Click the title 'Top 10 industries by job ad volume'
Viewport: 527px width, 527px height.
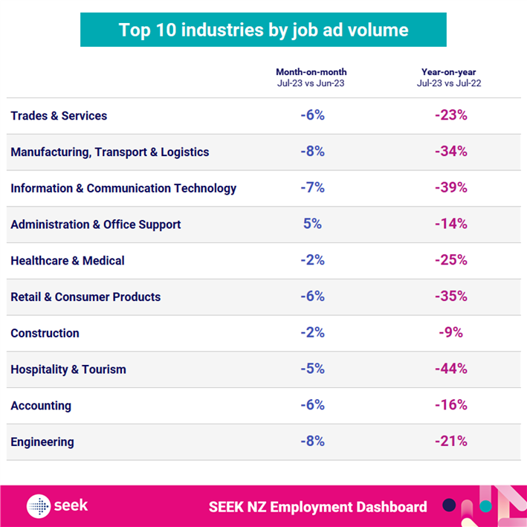(x=263, y=30)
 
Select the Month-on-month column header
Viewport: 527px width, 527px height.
(x=311, y=77)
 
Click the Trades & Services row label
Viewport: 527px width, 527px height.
(x=59, y=116)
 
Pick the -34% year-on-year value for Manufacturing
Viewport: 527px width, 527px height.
(x=451, y=152)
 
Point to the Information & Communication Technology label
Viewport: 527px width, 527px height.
(x=123, y=188)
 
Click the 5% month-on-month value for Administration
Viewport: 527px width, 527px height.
(x=312, y=224)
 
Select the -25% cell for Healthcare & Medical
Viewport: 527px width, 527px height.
(x=451, y=260)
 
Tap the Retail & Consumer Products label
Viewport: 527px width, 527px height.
(x=85, y=297)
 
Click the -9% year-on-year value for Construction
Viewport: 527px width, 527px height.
(x=451, y=332)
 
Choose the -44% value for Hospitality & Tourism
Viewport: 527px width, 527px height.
(x=451, y=369)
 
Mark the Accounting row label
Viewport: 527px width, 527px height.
(x=41, y=406)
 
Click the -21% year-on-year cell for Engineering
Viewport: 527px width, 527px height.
(x=451, y=442)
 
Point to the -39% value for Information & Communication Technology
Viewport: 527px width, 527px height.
(x=451, y=188)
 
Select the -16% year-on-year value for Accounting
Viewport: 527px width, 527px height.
(x=451, y=405)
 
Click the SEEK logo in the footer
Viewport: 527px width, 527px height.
(x=57, y=506)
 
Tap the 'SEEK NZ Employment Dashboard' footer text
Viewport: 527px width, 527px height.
(x=318, y=507)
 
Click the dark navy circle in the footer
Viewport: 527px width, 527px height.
(x=449, y=505)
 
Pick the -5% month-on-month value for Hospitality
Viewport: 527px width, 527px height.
(x=312, y=369)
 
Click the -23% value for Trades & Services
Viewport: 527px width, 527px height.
(x=451, y=116)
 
